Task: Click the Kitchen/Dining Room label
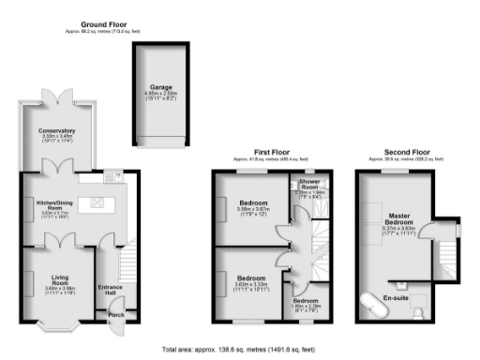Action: tap(56, 204)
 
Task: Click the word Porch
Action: tap(115, 315)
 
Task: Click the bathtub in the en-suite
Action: tap(373, 304)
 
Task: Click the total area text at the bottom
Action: tap(239, 348)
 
